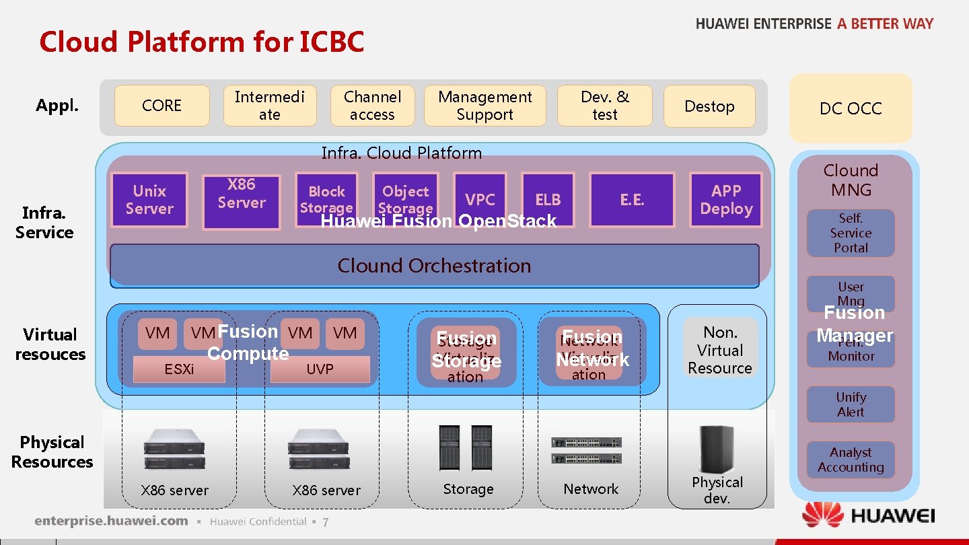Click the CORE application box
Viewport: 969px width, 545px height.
click(161, 106)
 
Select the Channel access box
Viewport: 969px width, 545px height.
click(372, 106)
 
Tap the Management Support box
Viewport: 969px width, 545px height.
click(485, 106)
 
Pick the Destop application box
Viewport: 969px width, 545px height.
click(709, 106)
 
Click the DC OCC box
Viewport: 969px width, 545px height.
click(850, 108)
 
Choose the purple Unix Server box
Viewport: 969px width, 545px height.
click(149, 200)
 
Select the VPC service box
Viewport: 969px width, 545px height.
click(480, 199)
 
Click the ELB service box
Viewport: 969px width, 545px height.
click(548, 199)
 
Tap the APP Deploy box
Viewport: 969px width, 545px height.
click(726, 200)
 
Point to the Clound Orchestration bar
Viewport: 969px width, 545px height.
click(434, 265)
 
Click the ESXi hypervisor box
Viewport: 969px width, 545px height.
click(179, 369)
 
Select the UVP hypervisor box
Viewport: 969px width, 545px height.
click(320, 369)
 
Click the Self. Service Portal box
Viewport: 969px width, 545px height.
click(851, 233)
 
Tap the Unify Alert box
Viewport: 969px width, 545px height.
click(851, 404)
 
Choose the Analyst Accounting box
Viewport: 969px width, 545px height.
click(851, 460)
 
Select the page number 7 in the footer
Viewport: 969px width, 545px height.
click(325, 523)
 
